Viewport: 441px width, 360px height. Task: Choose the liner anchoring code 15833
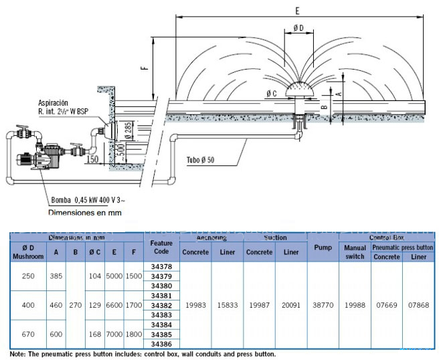tap(226, 305)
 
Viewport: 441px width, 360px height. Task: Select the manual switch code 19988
tap(355, 305)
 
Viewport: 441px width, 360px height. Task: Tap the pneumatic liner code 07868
tap(418, 305)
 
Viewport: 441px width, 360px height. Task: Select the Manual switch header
tap(355, 252)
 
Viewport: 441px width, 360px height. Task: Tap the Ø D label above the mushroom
tap(298, 27)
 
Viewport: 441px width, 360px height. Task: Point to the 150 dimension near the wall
tap(93, 159)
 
